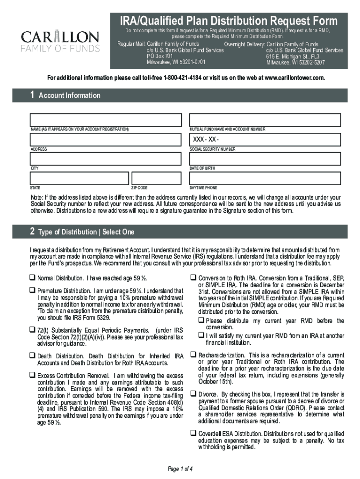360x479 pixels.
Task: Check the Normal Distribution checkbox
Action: click(x=33, y=278)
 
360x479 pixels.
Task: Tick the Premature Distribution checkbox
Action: click(x=33, y=290)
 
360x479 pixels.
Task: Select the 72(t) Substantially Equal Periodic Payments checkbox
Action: click(x=33, y=330)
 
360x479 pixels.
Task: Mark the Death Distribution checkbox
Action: click(x=33, y=356)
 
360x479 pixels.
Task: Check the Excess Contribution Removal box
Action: click(x=33, y=376)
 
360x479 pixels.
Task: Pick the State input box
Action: click(x=79, y=178)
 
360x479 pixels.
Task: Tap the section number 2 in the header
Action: click(x=32, y=231)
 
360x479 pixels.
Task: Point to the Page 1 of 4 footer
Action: click(x=180, y=469)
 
